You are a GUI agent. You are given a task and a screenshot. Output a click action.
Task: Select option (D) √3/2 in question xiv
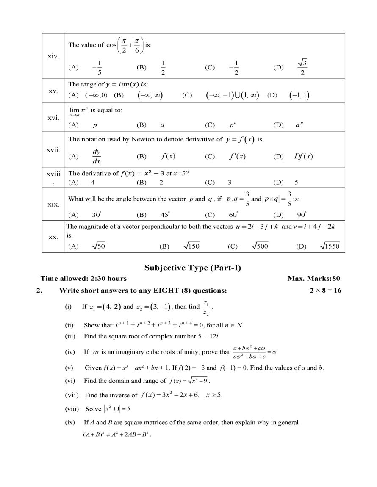tap(302, 67)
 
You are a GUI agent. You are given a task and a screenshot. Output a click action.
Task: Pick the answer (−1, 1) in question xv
tap(299, 95)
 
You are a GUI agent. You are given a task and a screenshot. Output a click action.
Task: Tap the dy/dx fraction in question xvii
tap(97, 156)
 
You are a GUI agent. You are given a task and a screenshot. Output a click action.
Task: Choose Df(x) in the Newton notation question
tap(303, 156)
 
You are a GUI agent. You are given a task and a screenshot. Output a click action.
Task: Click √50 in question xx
tap(99, 246)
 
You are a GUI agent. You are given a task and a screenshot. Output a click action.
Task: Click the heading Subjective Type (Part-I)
tap(193, 268)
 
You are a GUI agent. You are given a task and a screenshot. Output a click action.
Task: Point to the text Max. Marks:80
tap(313, 279)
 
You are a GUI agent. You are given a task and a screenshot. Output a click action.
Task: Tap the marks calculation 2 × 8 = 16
tap(325, 291)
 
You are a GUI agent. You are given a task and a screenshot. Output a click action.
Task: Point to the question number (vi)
tap(70, 381)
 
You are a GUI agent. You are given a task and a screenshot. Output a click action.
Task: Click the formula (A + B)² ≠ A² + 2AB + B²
tap(116, 434)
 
